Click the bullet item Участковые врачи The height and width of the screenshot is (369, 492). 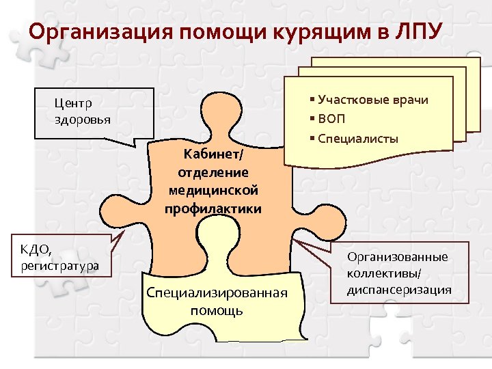click(x=372, y=100)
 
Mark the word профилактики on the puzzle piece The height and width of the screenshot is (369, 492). click(x=213, y=208)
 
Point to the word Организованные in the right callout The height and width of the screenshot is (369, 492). click(x=397, y=258)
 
